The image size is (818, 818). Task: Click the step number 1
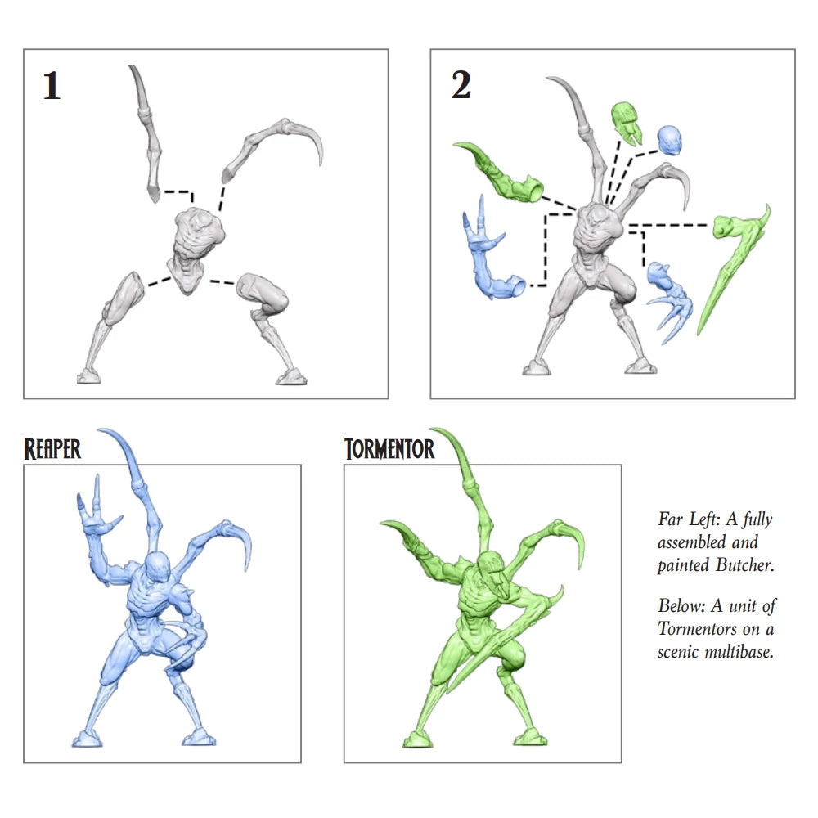point(51,85)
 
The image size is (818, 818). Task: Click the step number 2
point(461,85)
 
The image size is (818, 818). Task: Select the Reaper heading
point(52,449)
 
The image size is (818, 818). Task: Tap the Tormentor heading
point(389,449)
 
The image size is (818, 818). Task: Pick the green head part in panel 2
point(627,123)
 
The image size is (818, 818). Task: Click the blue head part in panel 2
point(670,140)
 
